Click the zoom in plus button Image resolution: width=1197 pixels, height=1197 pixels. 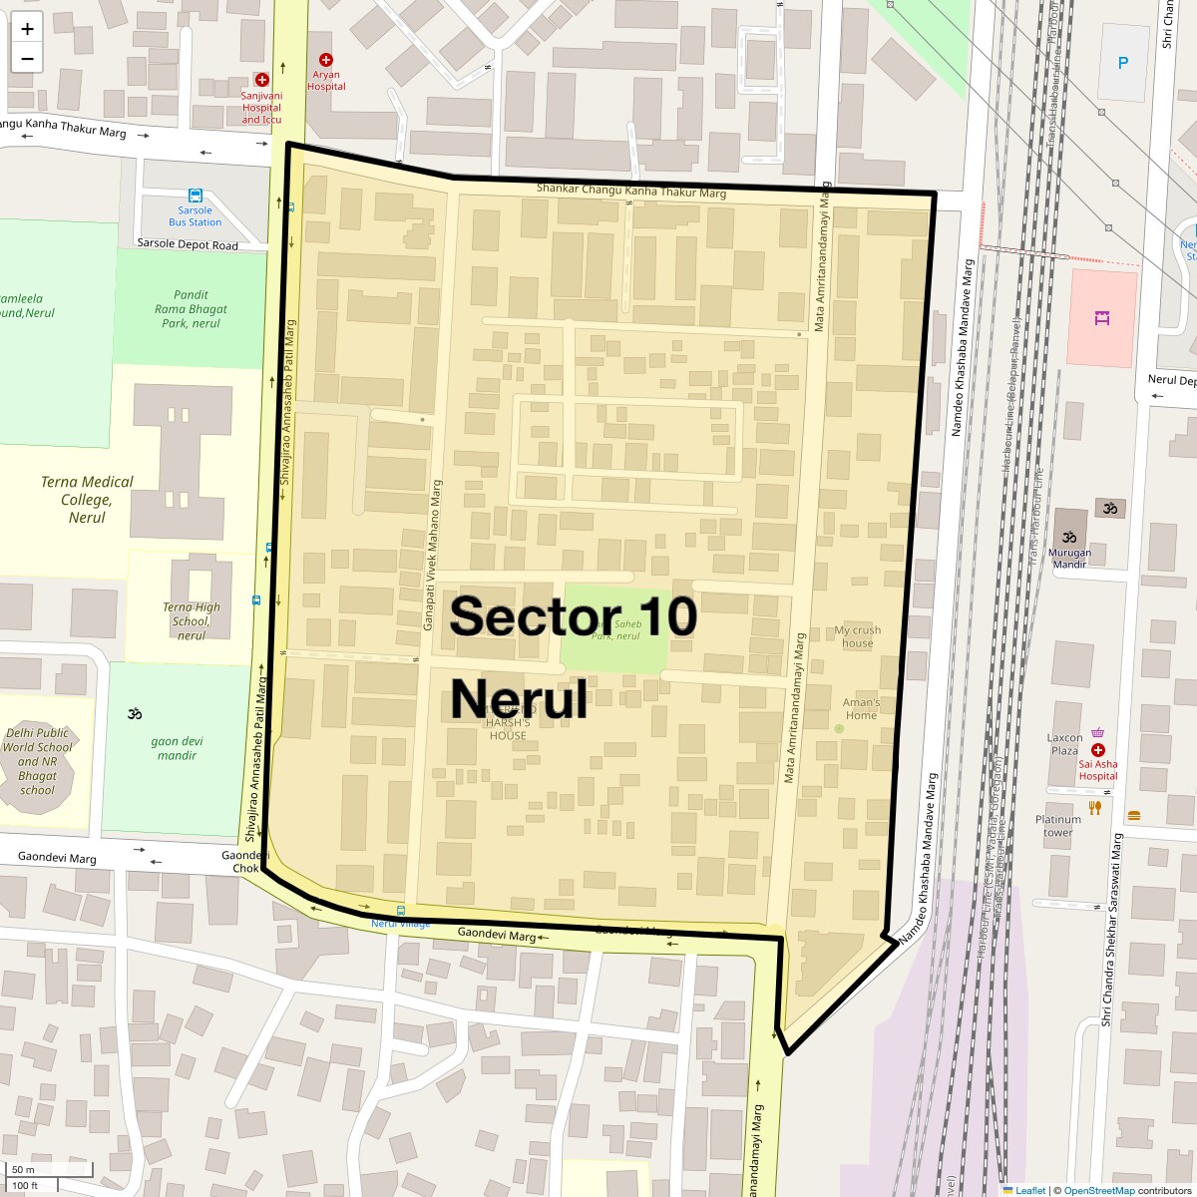[x=27, y=29]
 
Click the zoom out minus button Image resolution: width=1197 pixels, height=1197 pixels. [x=27, y=58]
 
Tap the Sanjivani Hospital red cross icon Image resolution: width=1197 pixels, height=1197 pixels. [x=261, y=79]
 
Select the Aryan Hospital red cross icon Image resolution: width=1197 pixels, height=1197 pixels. [x=325, y=60]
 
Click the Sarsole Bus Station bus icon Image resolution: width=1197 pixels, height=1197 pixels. [x=196, y=196]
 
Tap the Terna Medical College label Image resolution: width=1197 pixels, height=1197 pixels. [x=87, y=499]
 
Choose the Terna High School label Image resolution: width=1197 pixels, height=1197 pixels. [x=192, y=620]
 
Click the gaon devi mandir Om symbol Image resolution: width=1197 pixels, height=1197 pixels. [x=136, y=713]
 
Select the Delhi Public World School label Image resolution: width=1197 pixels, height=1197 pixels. [x=38, y=761]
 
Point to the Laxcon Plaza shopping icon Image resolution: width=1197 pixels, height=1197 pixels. [x=1097, y=731]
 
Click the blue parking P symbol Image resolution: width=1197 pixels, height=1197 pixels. [x=1123, y=63]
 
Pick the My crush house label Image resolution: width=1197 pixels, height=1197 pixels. [x=857, y=636]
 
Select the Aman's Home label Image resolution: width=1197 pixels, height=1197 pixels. [x=861, y=708]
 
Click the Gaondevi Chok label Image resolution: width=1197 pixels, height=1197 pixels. [x=244, y=862]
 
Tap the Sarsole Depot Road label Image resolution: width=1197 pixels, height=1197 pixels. [x=188, y=244]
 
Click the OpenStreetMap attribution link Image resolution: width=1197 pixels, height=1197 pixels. [x=1098, y=1190]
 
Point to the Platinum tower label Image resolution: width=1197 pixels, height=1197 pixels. [x=1057, y=826]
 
